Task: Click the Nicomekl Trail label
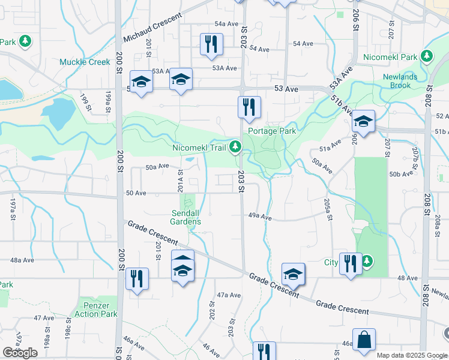point(201,146)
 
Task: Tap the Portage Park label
point(271,130)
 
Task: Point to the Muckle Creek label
point(85,62)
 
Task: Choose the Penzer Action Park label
point(96,310)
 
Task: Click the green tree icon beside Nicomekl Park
point(427,57)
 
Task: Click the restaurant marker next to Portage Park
point(249,107)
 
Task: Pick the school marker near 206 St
point(363,121)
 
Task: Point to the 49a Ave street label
point(261,217)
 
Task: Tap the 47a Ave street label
point(229,295)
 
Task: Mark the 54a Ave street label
point(227,23)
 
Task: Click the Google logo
point(20,353)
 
